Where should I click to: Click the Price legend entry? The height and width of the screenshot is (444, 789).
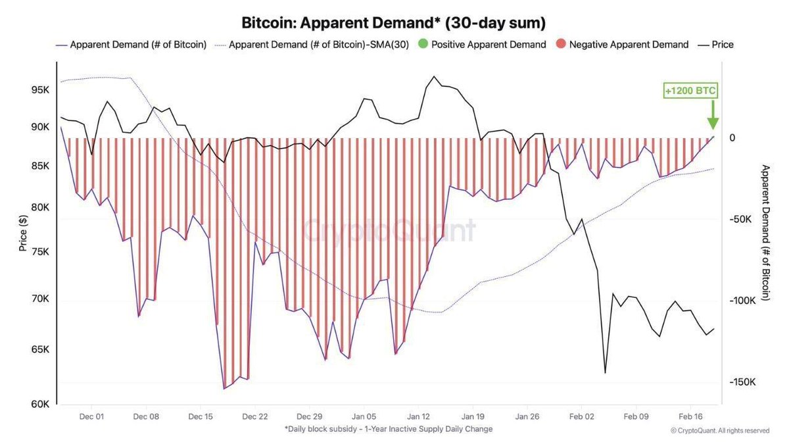pyautogui.click(x=716, y=45)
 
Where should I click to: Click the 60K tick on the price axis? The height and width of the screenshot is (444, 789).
pyautogui.click(x=41, y=405)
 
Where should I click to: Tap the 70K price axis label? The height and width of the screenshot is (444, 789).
pyautogui.click(x=41, y=299)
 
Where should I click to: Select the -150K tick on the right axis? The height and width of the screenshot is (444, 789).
pyautogui.click(x=740, y=382)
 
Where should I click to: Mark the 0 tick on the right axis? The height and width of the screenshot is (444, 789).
pyautogui.click(x=731, y=137)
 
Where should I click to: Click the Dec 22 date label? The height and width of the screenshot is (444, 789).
pyautogui.click(x=254, y=416)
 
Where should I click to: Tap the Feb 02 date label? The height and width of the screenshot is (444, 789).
pyautogui.click(x=581, y=416)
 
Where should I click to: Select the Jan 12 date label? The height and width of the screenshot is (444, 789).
pyautogui.click(x=418, y=416)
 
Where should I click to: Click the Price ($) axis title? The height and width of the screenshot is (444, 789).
pyautogui.click(x=22, y=234)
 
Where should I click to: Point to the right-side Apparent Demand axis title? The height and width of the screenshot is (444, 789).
pyautogui.click(x=765, y=234)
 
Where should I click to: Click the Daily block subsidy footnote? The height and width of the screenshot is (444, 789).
pyautogui.click(x=389, y=429)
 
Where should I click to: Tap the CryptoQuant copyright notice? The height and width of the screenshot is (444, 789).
pyautogui.click(x=719, y=431)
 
